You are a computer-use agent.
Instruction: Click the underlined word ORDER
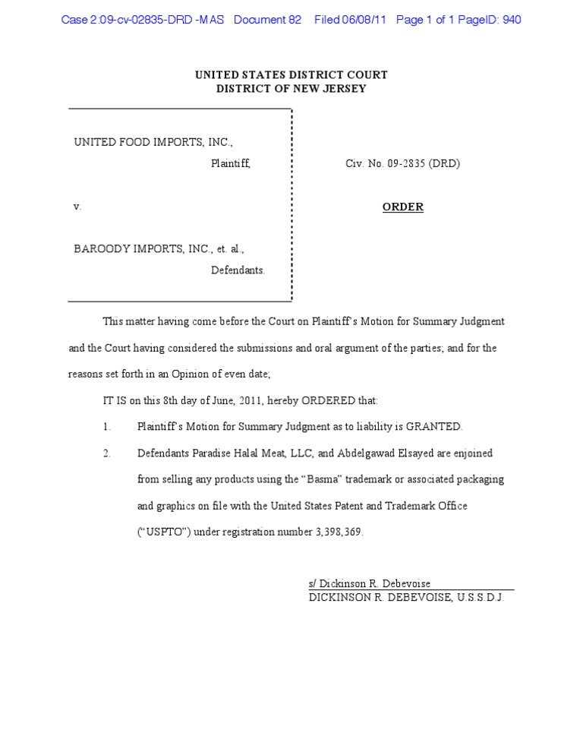pos(402,207)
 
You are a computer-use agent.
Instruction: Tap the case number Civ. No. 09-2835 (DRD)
pos(402,163)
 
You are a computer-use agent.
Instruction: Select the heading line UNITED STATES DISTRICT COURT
pos(291,75)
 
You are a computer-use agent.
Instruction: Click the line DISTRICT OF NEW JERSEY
pos(291,89)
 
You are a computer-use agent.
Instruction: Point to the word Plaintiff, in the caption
pos(230,163)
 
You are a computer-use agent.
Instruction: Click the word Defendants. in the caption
pos(238,270)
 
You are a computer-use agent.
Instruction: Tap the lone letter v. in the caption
pos(77,207)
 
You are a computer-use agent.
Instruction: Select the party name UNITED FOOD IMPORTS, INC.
pos(153,142)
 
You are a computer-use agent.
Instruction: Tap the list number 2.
pos(107,453)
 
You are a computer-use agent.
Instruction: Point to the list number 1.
pos(107,427)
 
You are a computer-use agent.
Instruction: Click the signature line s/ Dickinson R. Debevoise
pos(370,583)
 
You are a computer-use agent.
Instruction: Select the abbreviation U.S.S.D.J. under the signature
pos(480,598)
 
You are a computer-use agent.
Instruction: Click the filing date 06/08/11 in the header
pos(366,20)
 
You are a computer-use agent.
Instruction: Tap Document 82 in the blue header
pos(268,20)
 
